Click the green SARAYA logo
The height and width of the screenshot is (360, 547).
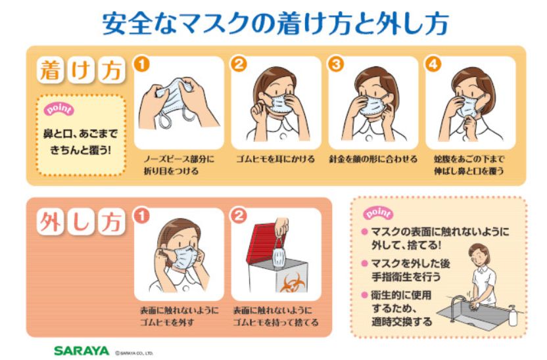click(82, 350)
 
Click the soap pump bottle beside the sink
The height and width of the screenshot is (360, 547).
click(512, 315)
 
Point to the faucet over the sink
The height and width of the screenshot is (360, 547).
click(458, 307)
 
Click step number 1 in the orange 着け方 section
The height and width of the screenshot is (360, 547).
click(141, 64)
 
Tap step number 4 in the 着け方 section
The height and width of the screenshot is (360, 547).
click(433, 64)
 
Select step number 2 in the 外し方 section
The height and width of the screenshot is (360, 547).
click(238, 215)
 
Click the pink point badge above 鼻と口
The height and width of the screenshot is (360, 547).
click(59, 110)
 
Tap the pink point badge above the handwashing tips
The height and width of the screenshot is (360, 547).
click(379, 213)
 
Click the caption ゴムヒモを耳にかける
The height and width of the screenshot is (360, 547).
click(275, 159)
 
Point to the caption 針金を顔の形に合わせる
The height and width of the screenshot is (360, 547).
click(373, 159)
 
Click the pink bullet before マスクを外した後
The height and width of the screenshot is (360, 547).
click(364, 263)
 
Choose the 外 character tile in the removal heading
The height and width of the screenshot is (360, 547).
click(50, 222)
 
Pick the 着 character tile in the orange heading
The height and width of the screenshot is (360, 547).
click(50, 70)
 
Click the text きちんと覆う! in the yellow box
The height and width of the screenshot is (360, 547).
click(81, 150)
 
